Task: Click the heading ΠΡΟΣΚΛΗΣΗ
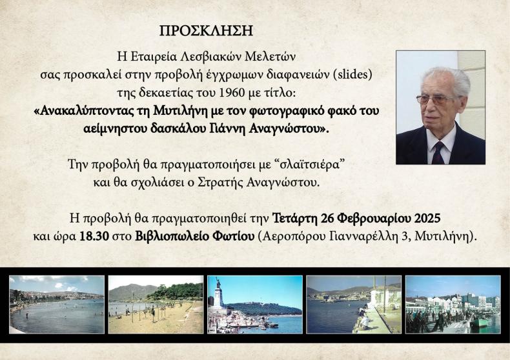pyautogui.click(x=206, y=30)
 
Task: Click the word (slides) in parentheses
pyautogui.click(x=352, y=74)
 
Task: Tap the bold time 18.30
pyautogui.click(x=94, y=236)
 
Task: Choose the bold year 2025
pyautogui.click(x=427, y=218)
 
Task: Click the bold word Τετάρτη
pyautogui.click(x=294, y=218)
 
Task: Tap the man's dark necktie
pyautogui.click(x=438, y=153)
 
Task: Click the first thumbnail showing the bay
pyautogui.click(x=57, y=305)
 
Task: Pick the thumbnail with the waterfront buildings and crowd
pyautogui.click(x=453, y=305)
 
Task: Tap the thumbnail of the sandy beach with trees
pyautogui.click(x=156, y=305)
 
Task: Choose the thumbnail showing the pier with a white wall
pyautogui.click(x=354, y=305)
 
